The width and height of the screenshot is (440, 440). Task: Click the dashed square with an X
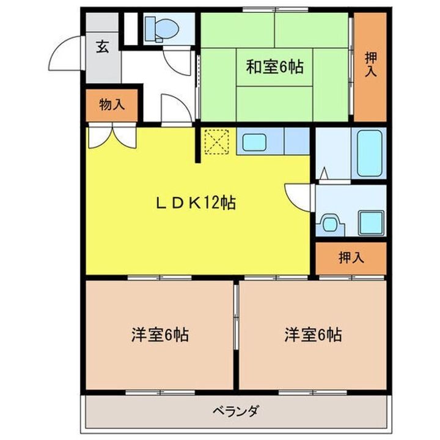(215, 142)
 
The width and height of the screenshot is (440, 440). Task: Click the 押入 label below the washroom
(351, 258)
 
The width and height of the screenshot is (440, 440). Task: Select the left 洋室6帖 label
(159, 335)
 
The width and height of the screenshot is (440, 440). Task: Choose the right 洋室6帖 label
(312, 335)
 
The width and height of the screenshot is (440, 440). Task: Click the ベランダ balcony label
(235, 411)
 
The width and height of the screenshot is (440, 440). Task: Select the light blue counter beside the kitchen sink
(296, 141)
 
